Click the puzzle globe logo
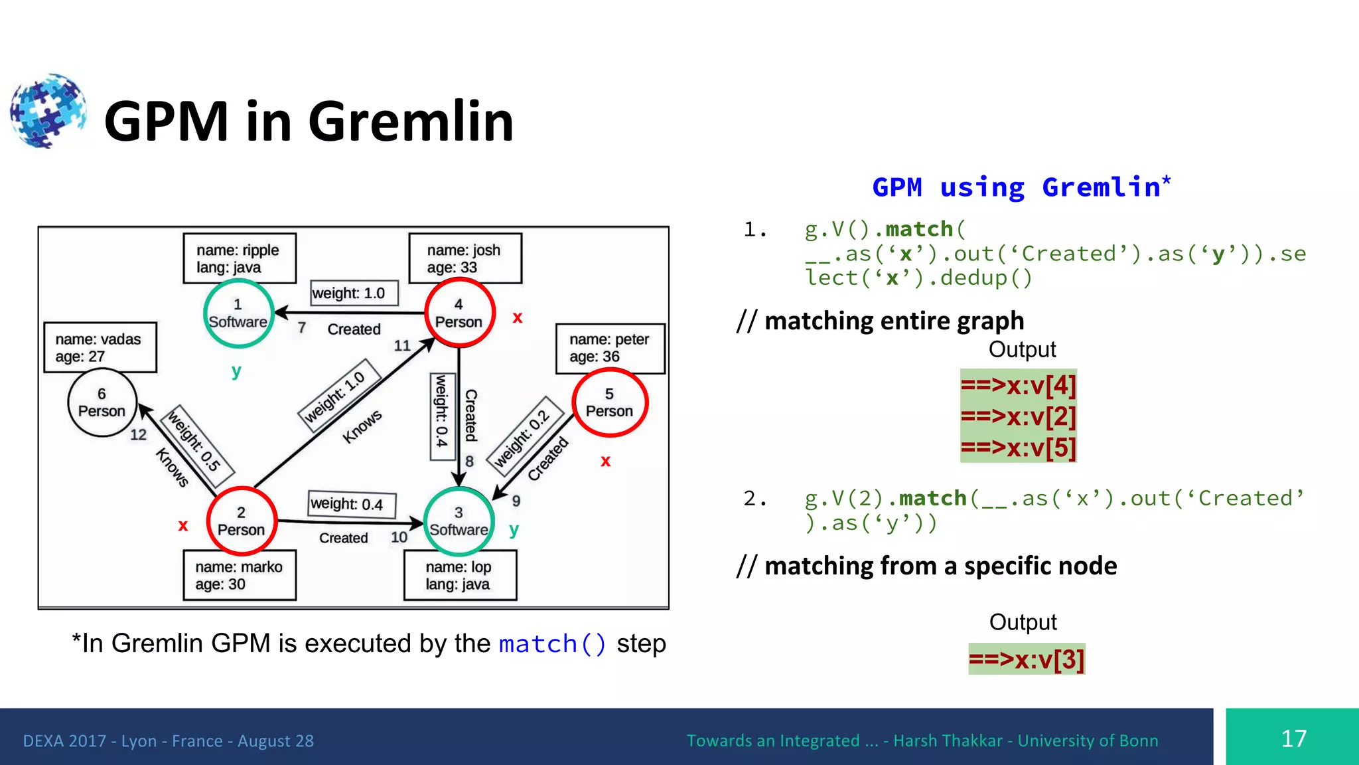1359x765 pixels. coord(48,111)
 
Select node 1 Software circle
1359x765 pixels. coord(238,313)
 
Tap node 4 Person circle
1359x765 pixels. coord(459,313)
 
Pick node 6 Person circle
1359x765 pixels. coord(102,402)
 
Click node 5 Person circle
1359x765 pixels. coord(609,402)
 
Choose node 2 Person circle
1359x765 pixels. coord(241,521)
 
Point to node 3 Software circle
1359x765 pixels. coord(459,521)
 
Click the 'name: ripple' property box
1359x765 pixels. coord(239,258)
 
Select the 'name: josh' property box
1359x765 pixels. coord(465,258)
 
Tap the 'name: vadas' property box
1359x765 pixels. coord(100,347)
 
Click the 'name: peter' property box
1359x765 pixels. coord(609,348)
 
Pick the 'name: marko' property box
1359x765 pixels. coord(239,575)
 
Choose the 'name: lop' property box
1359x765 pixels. coord(459,575)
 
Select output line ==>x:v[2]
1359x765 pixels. coord(1018,416)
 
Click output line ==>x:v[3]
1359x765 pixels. coord(1026,659)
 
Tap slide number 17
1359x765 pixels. coord(1293,738)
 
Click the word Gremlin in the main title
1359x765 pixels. coord(411,122)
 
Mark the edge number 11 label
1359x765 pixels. coord(402,345)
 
